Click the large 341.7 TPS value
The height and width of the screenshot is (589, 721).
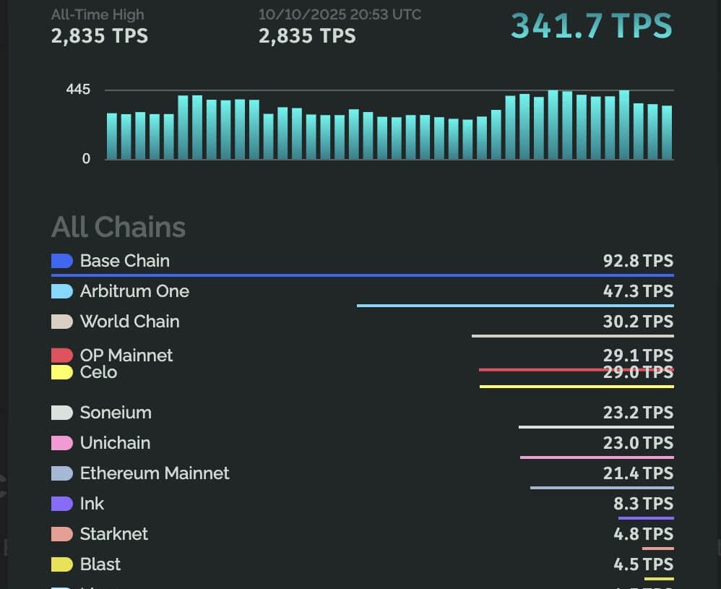pyautogui.click(x=591, y=26)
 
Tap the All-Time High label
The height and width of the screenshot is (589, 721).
pyautogui.click(x=98, y=14)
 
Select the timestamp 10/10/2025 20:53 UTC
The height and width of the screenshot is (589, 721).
pyautogui.click(x=340, y=14)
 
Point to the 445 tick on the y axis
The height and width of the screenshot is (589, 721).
pyautogui.click(x=78, y=90)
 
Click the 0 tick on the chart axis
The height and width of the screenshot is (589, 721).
pyautogui.click(x=87, y=159)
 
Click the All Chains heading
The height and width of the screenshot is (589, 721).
pyautogui.click(x=118, y=227)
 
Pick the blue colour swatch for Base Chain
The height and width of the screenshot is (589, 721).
pyautogui.click(x=62, y=261)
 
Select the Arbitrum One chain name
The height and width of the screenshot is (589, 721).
pyautogui.click(x=134, y=291)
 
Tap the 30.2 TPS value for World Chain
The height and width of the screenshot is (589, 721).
pyautogui.click(x=638, y=322)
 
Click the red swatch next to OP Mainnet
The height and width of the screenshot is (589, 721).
pyautogui.click(x=62, y=355)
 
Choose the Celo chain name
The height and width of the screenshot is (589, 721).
pyautogui.click(x=98, y=372)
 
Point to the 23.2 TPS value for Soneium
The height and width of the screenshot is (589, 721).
pyautogui.click(x=638, y=413)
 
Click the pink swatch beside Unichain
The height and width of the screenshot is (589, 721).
pyautogui.click(x=62, y=443)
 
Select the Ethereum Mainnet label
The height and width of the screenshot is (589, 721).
pyautogui.click(x=155, y=473)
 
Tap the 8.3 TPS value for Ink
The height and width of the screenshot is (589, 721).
pyautogui.click(x=643, y=504)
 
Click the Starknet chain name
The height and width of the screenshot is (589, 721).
pyautogui.click(x=114, y=534)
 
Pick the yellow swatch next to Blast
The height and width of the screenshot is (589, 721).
pyautogui.click(x=62, y=564)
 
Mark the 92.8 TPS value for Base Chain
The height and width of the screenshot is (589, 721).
pyautogui.click(x=638, y=261)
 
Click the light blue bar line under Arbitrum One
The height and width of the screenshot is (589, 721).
pyautogui.click(x=515, y=306)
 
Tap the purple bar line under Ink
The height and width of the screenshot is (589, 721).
pyautogui.click(x=646, y=518)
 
